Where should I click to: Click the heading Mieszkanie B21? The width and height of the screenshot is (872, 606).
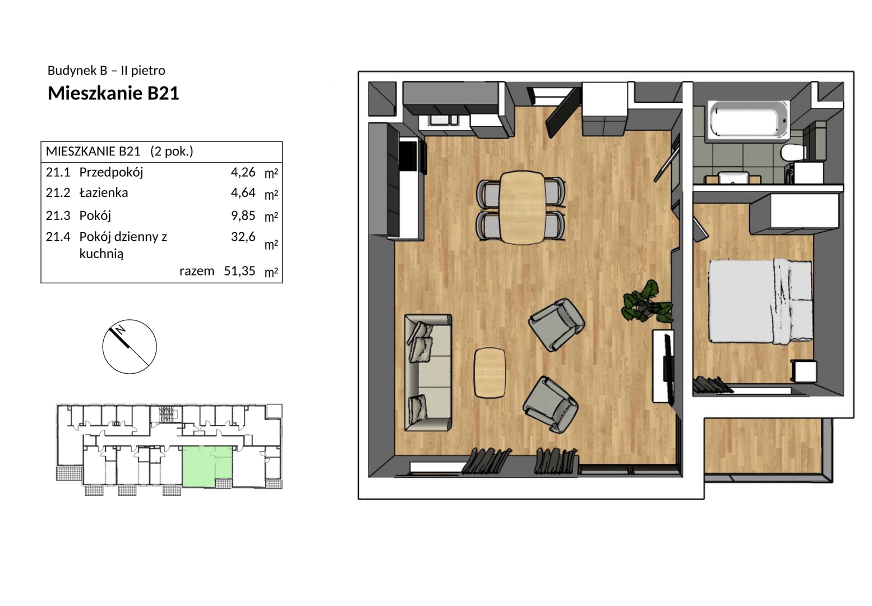[x=113, y=94]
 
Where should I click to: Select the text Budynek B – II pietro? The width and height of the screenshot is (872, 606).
[x=107, y=71]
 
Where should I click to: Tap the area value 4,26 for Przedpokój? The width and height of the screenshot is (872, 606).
[x=243, y=172]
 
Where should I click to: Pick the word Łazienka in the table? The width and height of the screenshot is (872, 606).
[x=104, y=193]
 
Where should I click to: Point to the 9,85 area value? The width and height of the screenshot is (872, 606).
[x=243, y=215]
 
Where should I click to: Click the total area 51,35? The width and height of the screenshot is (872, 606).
[x=239, y=271]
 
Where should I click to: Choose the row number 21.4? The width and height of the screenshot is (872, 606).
[x=58, y=237]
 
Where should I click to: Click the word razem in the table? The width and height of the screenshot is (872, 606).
[x=197, y=271]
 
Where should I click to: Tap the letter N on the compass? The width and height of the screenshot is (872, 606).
[x=121, y=329]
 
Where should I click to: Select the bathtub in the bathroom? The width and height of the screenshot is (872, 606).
[x=748, y=119]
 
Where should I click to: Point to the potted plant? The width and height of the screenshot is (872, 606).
[x=647, y=302]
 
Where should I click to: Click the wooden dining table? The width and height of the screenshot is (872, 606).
[x=523, y=208]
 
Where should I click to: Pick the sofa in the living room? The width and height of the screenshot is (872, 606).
[x=428, y=373]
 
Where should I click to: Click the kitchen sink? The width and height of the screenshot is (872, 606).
[x=444, y=120]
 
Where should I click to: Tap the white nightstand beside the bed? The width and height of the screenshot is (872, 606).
[x=804, y=371]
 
